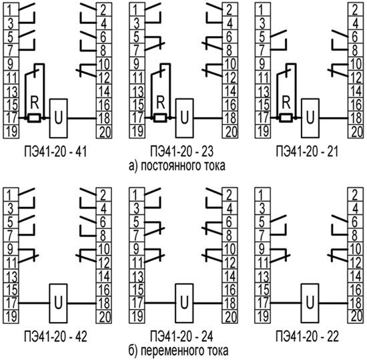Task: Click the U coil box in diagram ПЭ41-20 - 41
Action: tap(59, 118)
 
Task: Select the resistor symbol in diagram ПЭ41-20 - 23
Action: tap(160, 118)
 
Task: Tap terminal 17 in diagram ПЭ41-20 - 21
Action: tap(263, 118)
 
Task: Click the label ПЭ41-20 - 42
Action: tap(55, 337)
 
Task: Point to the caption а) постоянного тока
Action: tap(177, 166)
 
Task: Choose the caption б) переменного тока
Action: tap(178, 351)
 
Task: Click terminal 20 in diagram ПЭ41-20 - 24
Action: tap(230, 317)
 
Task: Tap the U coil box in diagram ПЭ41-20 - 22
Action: tap(310, 303)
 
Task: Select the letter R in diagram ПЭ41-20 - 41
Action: tap(35, 103)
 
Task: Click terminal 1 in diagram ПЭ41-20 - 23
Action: tap(137, 9)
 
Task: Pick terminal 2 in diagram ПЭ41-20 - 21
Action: tap(356, 9)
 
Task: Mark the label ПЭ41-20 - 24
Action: tap(181, 337)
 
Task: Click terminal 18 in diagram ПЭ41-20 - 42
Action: tap(104, 303)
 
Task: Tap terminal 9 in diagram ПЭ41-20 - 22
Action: tap(263, 249)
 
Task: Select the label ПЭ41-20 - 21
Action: tap(307, 152)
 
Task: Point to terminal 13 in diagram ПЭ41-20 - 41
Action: tap(11, 91)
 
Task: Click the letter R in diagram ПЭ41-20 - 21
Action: tap(286, 103)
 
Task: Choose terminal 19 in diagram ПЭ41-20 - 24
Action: tap(137, 317)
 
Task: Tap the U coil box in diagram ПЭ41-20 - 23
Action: tap(184, 118)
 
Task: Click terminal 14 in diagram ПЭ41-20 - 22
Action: tap(356, 276)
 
